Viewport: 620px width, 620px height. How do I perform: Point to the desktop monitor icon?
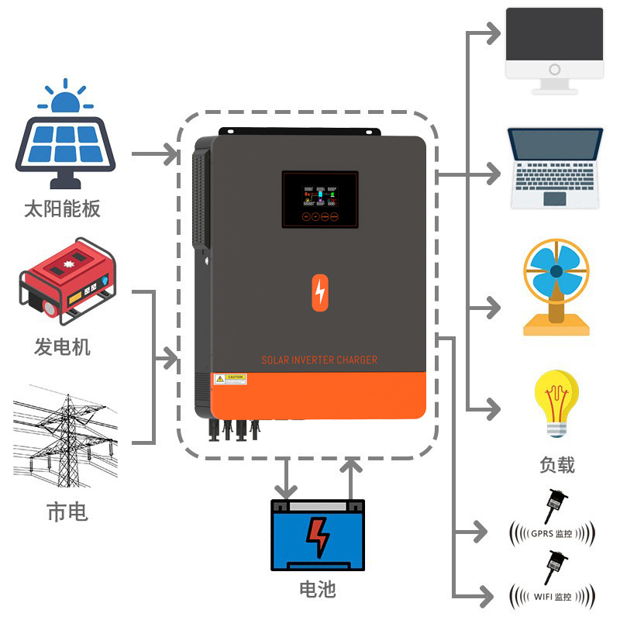click(554, 50)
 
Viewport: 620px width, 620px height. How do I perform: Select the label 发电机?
click(62, 346)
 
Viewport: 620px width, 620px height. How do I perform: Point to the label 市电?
click(66, 511)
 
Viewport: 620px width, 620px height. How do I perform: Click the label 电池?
click(318, 589)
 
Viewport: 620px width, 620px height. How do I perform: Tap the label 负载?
click(556, 464)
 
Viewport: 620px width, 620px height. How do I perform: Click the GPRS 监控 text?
click(552, 534)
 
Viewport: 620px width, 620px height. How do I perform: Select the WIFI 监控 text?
click(552, 597)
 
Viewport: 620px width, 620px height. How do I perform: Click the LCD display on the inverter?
click(320, 199)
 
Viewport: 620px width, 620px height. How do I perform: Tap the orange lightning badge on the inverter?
click(320, 292)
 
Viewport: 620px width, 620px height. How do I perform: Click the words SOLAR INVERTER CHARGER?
click(319, 360)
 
